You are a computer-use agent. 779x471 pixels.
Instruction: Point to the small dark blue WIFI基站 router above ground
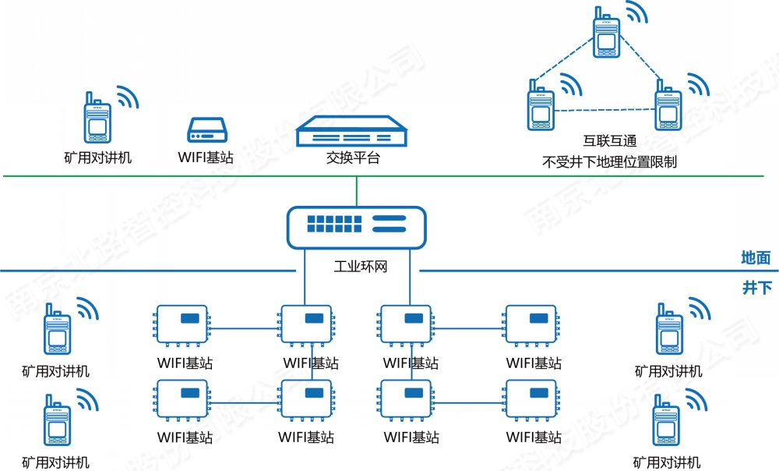tap(207, 129)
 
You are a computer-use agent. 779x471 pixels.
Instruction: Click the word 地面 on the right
tap(756, 257)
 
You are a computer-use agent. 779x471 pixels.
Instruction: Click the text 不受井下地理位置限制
tap(610, 162)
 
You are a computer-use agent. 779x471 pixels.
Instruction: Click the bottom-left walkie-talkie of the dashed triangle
tap(539, 104)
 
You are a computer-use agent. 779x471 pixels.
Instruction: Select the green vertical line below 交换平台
tap(357, 190)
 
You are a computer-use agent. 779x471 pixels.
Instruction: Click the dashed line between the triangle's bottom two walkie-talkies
tap(603, 108)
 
